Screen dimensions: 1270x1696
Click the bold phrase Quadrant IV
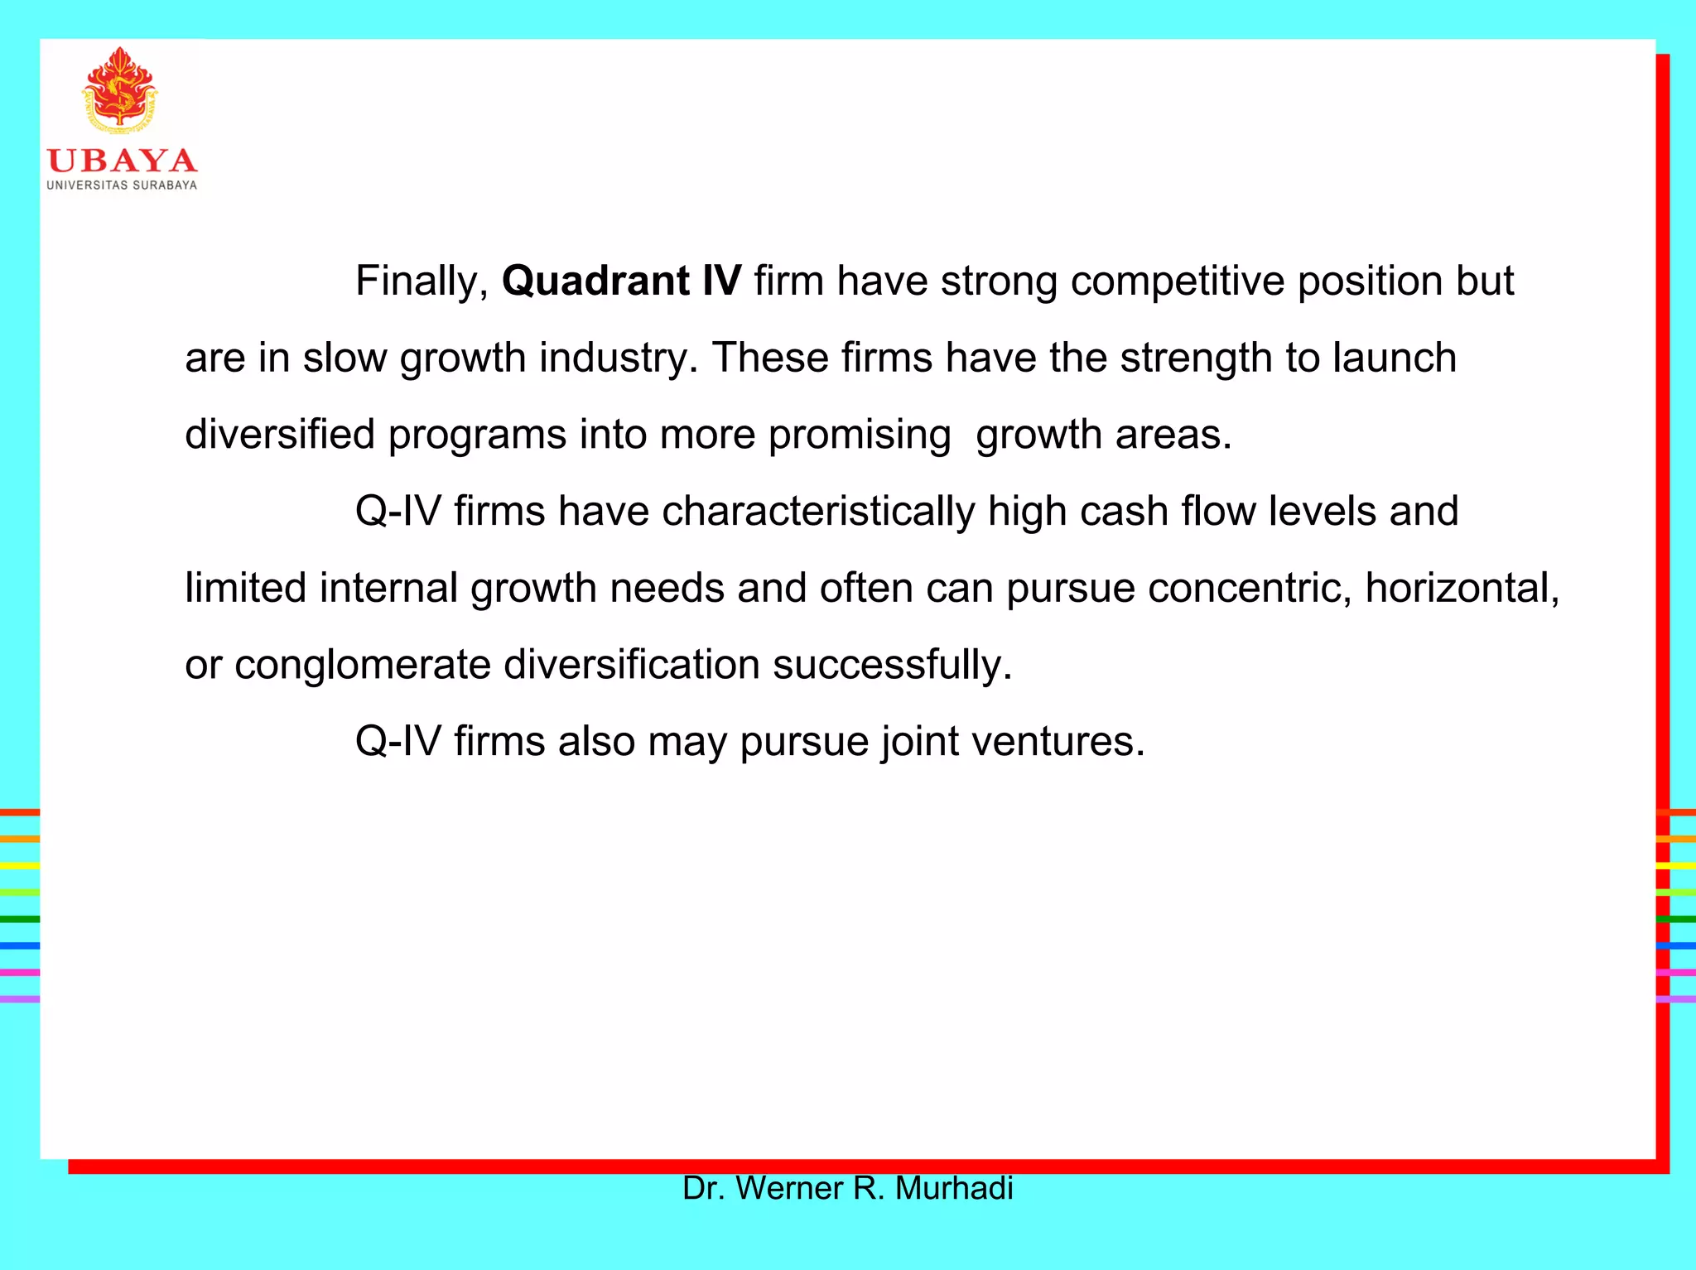coord(621,281)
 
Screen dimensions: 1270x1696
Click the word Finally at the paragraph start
coord(421,281)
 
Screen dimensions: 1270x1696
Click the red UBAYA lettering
coord(122,161)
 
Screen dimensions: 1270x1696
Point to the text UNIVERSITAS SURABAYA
coord(122,185)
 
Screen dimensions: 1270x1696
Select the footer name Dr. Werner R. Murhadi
coord(847,1189)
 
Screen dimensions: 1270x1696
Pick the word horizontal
coord(1462,589)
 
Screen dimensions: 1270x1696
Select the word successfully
coord(892,665)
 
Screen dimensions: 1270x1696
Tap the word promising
coord(859,435)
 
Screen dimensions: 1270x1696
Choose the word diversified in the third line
coord(279,435)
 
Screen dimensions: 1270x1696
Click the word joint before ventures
coord(919,742)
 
